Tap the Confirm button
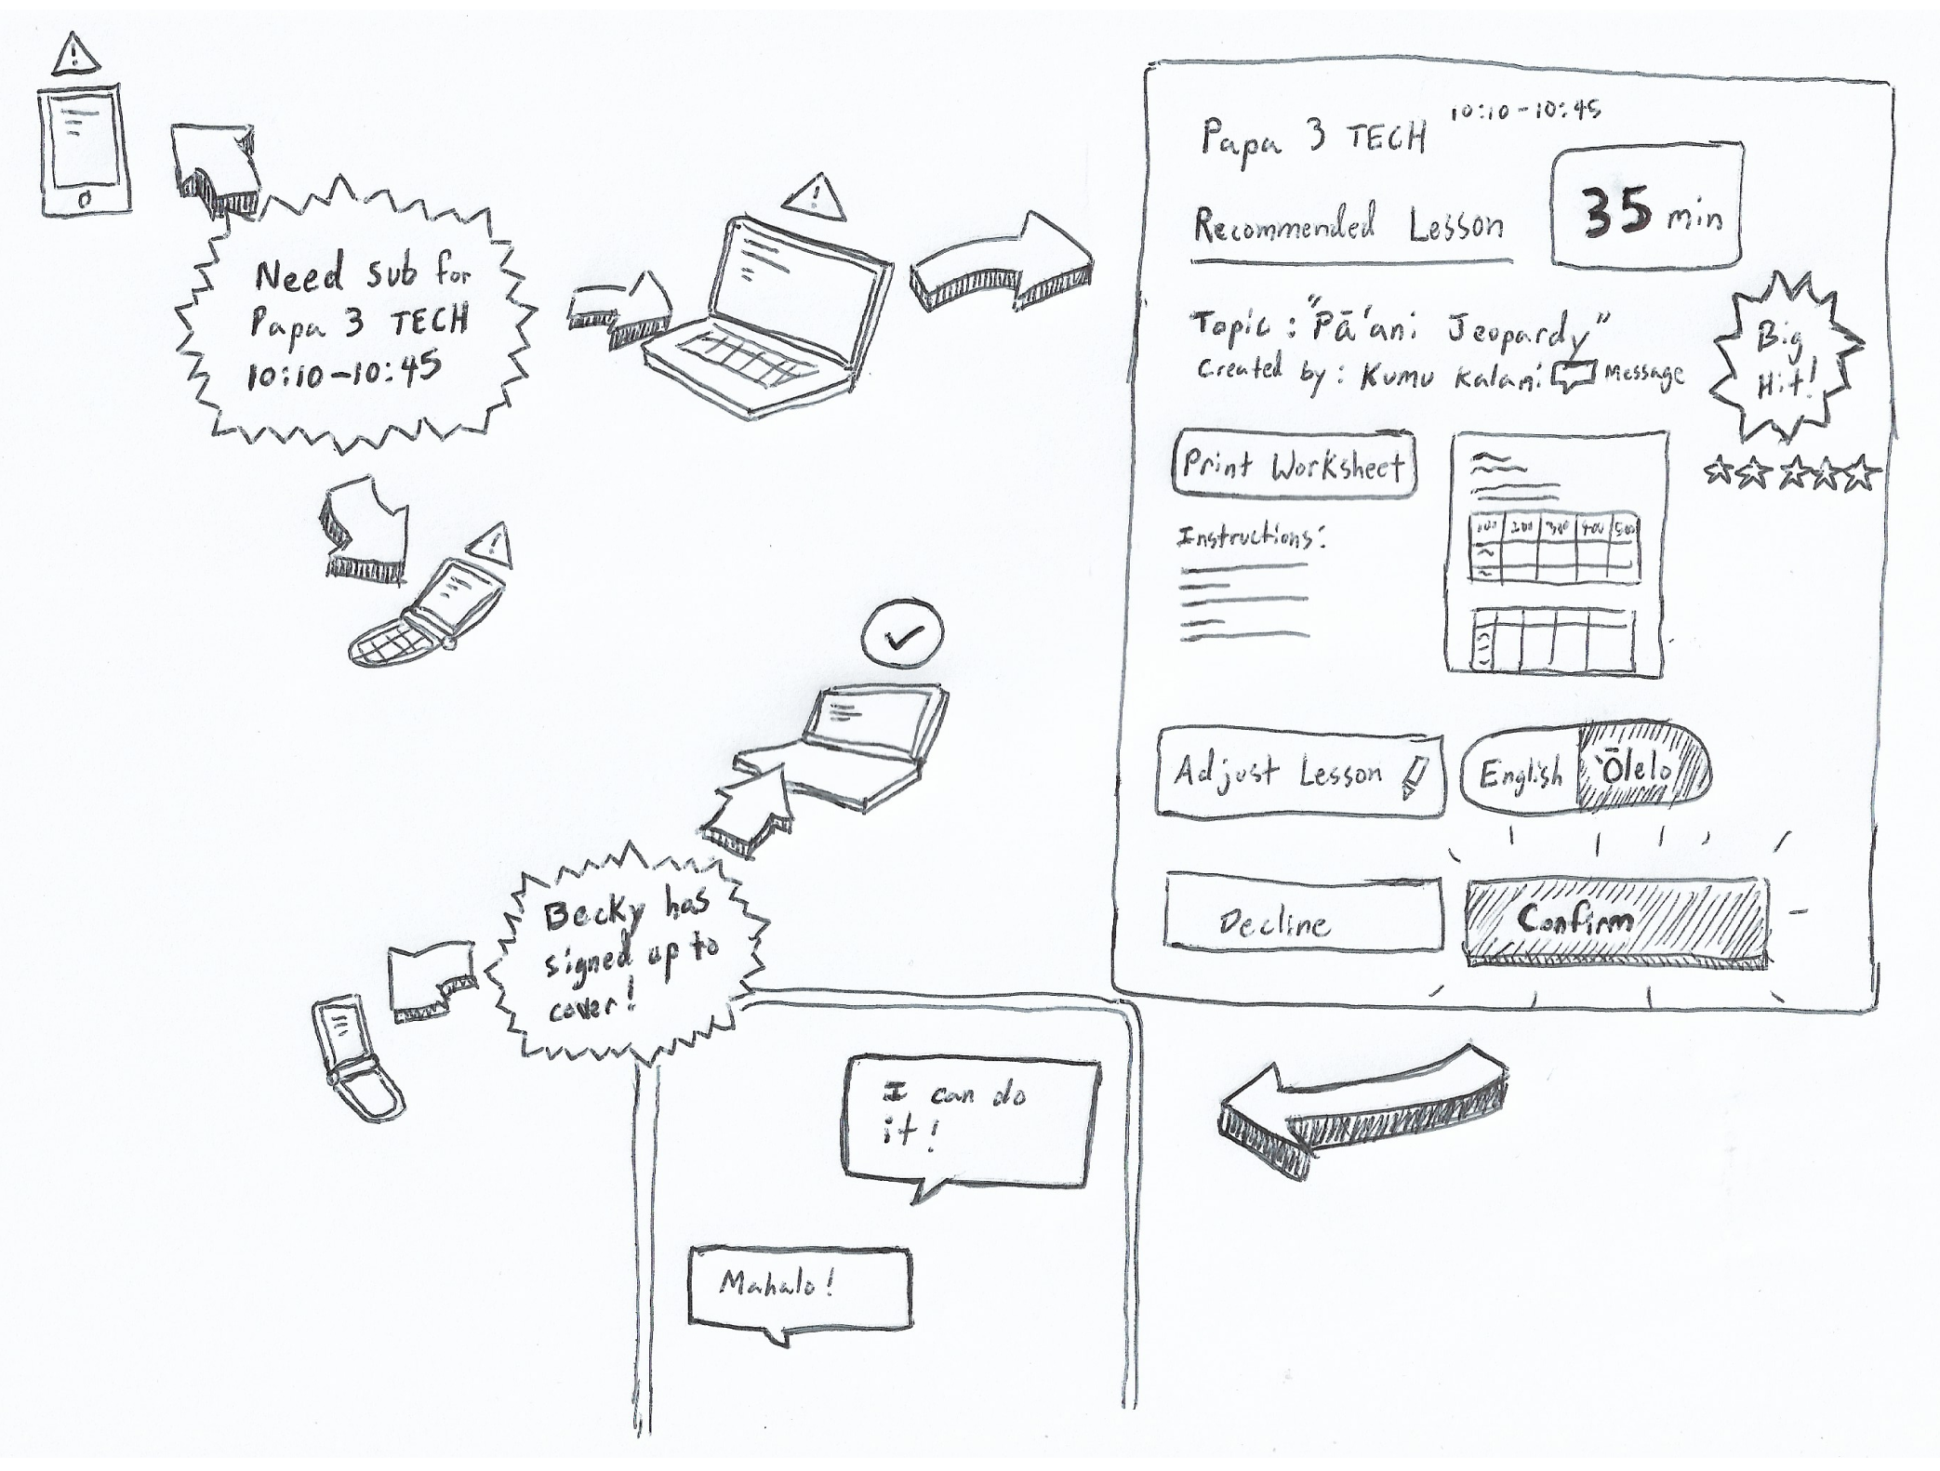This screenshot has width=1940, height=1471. click(1616, 921)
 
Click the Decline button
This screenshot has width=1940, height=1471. click(1302, 912)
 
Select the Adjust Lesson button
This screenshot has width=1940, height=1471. click(1299, 774)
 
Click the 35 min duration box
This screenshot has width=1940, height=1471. click(1647, 206)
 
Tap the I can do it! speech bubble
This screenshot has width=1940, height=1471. click(969, 1121)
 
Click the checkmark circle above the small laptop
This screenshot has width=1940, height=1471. click(902, 635)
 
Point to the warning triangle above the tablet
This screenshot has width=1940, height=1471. click(75, 56)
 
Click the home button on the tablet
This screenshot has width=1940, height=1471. click(84, 199)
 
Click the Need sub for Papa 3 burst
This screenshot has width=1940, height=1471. click(358, 318)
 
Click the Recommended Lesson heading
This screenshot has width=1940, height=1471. click(1349, 226)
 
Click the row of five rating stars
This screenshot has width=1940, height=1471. click(1791, 475)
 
